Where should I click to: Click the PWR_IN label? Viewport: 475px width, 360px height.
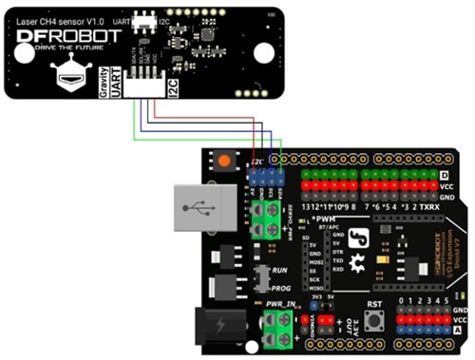[282, 304]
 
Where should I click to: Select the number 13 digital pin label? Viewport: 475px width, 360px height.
[307, 206]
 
